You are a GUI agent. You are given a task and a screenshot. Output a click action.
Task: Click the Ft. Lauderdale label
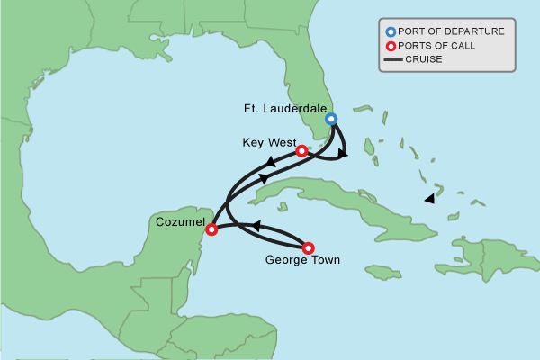pyautogui.click(x=285, y=109)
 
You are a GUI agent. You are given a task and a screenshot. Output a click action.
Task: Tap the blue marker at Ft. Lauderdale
pyautogui.click(x=331, y=119)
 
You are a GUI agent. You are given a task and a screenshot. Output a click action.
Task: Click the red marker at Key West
pyautogui.click(x=301, y=151)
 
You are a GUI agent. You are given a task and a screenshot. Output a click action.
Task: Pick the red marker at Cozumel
pyautogui.click(x=211, y=229)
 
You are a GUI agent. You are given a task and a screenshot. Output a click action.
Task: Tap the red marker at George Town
pyautogui.click(x=309, y=247)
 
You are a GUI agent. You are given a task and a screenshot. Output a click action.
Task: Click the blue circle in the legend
pyautogui.click(x=391, y=31)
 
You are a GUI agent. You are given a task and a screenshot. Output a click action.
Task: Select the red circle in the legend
pyautogui.click(x=391, y=46)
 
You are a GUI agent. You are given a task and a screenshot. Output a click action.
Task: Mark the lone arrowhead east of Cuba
pyautogui.click(x=430, y=198)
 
